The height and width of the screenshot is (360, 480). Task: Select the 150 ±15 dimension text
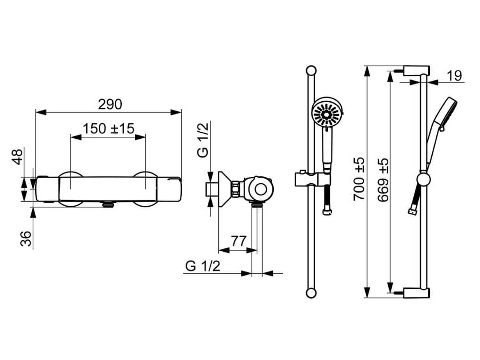point(108,128)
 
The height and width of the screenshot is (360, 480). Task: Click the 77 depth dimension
point(239,241)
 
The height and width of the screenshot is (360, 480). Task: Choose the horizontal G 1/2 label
point(202,266)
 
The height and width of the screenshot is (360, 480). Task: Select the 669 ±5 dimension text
point(383,180)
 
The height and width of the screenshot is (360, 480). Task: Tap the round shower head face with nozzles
point(327,113)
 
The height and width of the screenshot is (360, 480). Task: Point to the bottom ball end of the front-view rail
point(310,293)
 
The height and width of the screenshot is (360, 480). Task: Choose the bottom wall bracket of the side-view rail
point(415,293)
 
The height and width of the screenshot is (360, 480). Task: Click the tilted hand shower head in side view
point(448,111)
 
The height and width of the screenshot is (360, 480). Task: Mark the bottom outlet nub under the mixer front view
point(108,204)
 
